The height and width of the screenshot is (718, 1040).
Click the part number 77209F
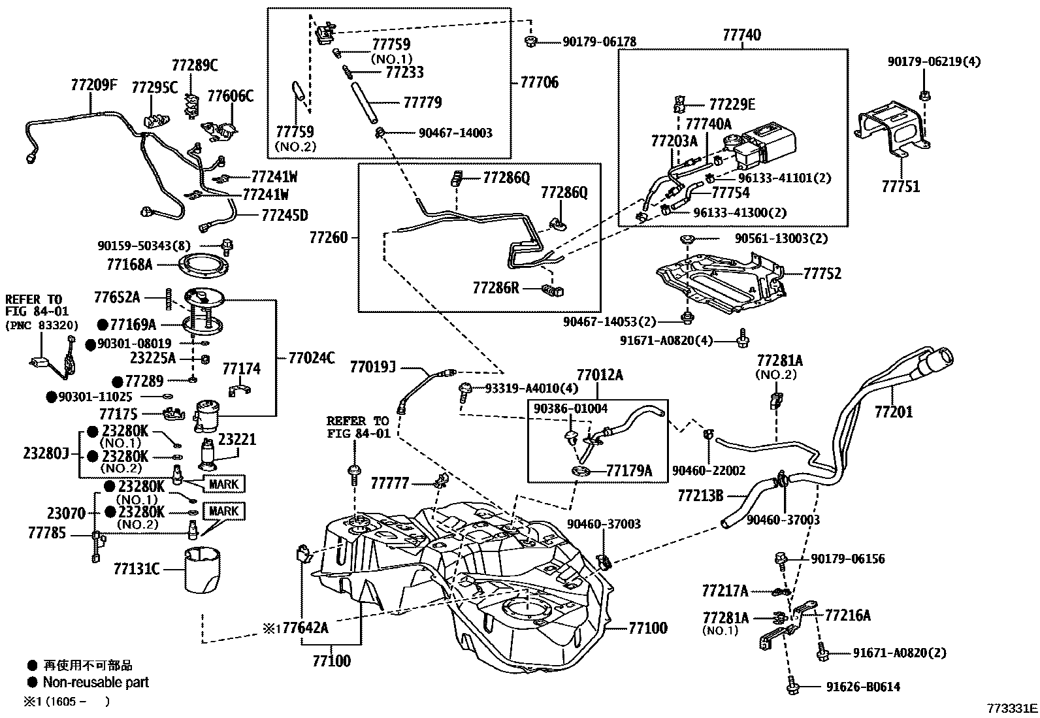[x=93, y=85]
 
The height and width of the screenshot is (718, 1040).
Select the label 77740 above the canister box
[x=741, y=35]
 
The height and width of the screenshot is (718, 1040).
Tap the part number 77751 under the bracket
[x=900, y=187]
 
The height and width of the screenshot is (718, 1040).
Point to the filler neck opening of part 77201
[x=941, y=360]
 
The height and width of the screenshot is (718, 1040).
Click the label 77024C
[x=312, y=357]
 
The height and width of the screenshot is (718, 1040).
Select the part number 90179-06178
[x=599, y=42]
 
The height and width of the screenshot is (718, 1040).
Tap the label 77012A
[x=599, y=375]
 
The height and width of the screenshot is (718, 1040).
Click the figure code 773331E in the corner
[x=1012, y=708]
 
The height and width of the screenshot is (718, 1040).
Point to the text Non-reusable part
[x=95, y=683]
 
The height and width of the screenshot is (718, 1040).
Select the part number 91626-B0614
[x=845, y=687]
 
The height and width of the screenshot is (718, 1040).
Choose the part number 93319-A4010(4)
[x=531, y=388]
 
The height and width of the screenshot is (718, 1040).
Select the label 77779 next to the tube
[x=422, y=103]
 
